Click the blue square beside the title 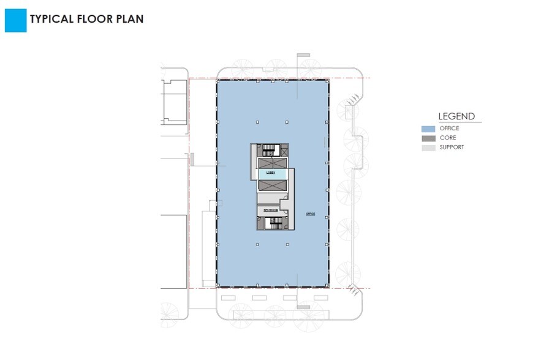15,20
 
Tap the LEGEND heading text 456,116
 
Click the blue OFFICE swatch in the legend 428,129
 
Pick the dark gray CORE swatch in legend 428,138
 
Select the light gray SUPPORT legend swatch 428,148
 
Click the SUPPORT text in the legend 452,148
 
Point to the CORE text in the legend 447,138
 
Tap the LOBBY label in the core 271,174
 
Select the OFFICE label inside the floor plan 310,214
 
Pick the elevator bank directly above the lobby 271,163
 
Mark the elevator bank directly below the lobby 271,185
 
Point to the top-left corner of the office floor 218,81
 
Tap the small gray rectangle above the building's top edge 304,56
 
